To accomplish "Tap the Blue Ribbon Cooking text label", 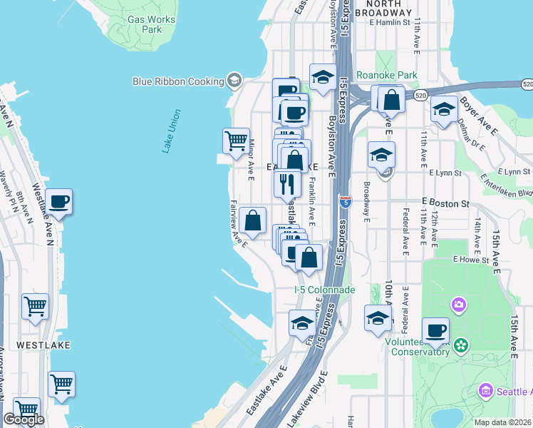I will (179, 81).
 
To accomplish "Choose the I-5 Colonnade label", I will (324, 290).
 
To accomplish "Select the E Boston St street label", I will (445, 203).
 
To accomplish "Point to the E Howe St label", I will (474, 261).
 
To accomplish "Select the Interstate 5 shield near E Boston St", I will (345, 202).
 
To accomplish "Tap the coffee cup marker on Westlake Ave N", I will (58, 201).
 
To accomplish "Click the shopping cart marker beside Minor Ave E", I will (236, 140).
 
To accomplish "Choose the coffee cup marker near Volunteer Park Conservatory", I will (435, 330).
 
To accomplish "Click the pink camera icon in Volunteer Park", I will (457, 305).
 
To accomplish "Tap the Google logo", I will (24, 419).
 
